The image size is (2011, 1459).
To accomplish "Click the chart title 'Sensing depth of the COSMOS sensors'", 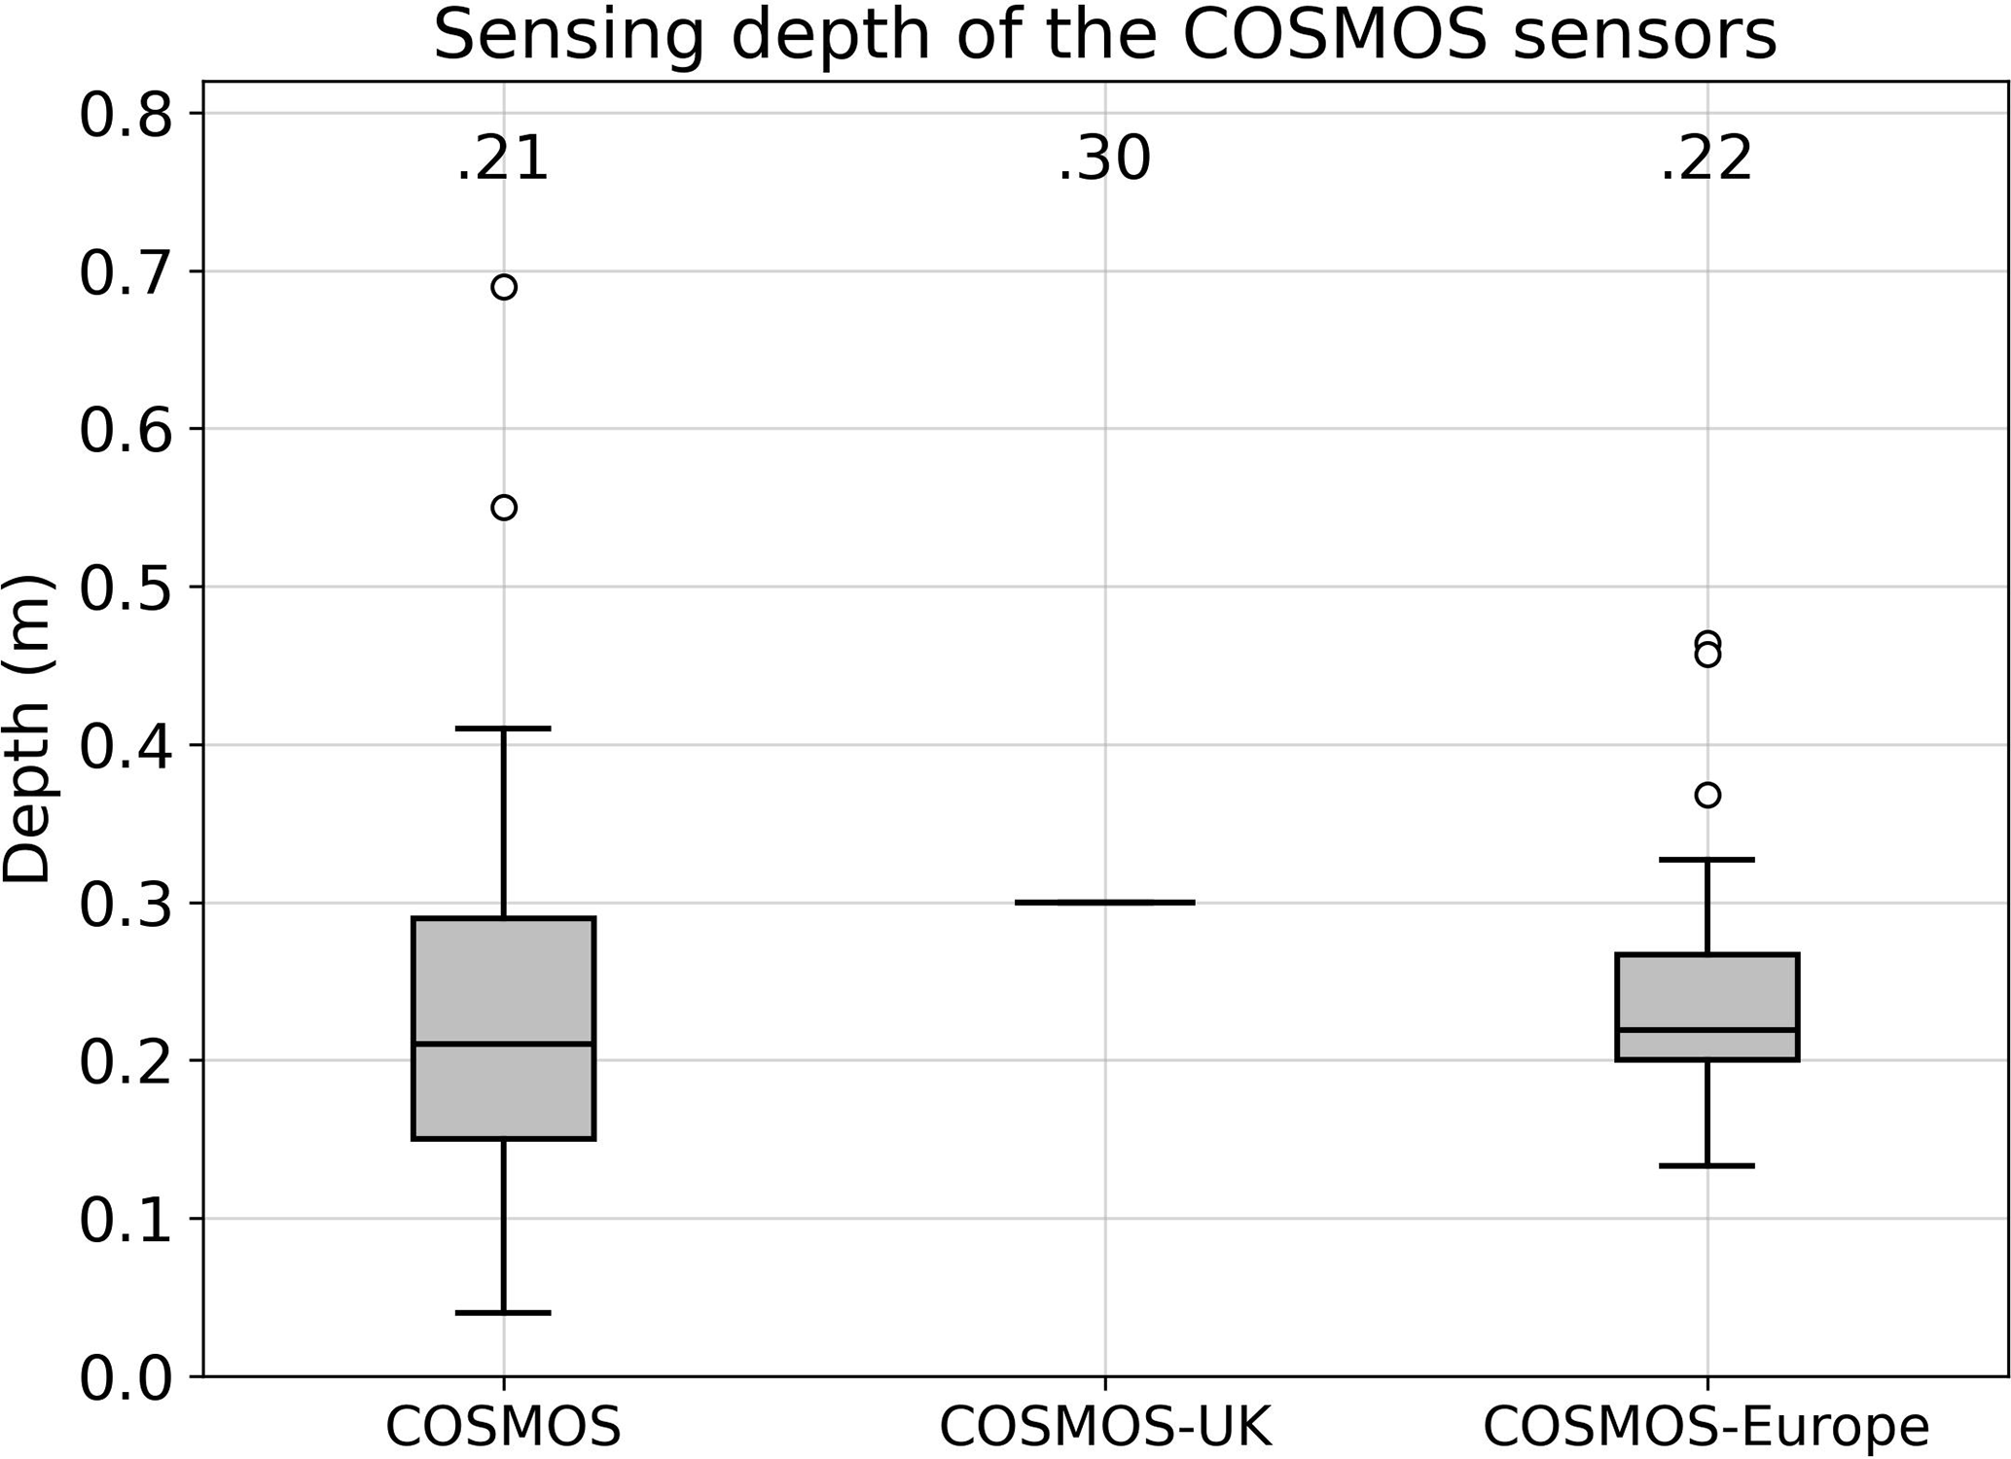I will tap(1104, 35).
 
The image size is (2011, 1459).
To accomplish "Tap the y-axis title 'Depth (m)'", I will tap(26, 729).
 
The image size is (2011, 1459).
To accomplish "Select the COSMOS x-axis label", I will tap(503, 1427).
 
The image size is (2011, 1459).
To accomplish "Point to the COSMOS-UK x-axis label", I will tap(1104, 1427).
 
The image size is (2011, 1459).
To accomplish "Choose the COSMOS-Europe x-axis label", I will tap(1706, 1427).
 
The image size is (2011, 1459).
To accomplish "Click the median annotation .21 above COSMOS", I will tap(503, 159).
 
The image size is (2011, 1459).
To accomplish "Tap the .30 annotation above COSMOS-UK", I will tap(1104, 159).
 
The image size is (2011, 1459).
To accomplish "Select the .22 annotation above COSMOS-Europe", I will tap(1706, 159).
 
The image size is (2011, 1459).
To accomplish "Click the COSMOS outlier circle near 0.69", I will tap(503, 287).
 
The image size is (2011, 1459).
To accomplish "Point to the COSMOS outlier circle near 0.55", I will tap(503, 508).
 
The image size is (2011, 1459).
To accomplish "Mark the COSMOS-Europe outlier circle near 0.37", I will tap(1707, 796).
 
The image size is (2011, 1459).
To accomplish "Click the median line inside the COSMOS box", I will tap(503, 1044).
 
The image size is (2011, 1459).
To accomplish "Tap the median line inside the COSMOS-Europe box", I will tap(1707, 1029).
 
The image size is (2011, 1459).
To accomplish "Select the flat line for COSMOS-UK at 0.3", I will tap(1104, 903).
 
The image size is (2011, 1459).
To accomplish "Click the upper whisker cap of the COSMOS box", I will tap(503, 728).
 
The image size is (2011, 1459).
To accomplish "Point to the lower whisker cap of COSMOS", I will tap(503, 1313).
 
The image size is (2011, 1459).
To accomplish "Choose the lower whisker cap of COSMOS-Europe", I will tap(1707, 1165).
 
